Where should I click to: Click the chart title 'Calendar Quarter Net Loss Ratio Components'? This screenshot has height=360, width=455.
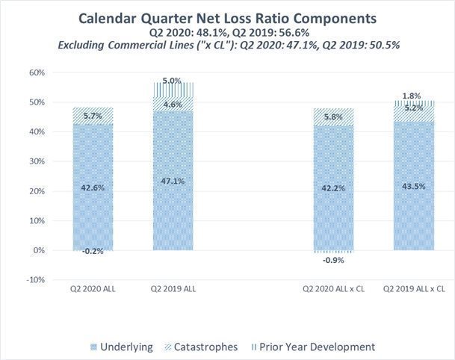click(x=227, y=16)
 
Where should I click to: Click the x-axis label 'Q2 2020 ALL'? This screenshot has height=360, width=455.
click(x=93, y=288)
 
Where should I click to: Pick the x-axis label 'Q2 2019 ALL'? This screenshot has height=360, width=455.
click(x=173, y=288)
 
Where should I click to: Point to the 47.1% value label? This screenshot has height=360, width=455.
click(x=173, y=181)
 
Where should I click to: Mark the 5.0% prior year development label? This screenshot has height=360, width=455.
click(x=173, y=80)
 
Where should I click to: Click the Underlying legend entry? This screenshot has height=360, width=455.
click(x=123, y=347)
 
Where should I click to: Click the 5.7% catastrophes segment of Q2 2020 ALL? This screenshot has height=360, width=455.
click(x=93, y=116)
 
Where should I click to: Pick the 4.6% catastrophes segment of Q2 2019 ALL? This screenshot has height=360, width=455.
click(x=173, y=105)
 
